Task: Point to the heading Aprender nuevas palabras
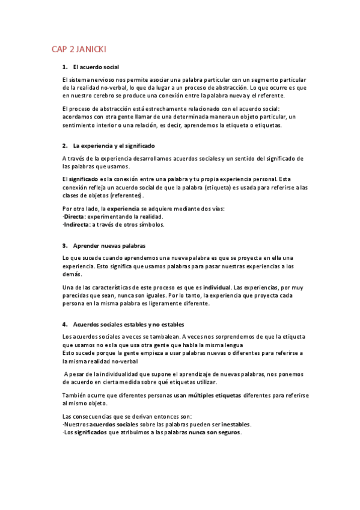point(109,245)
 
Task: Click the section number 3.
point(64,245)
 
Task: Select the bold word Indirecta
point(78,224)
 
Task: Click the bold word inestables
point(233,424)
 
